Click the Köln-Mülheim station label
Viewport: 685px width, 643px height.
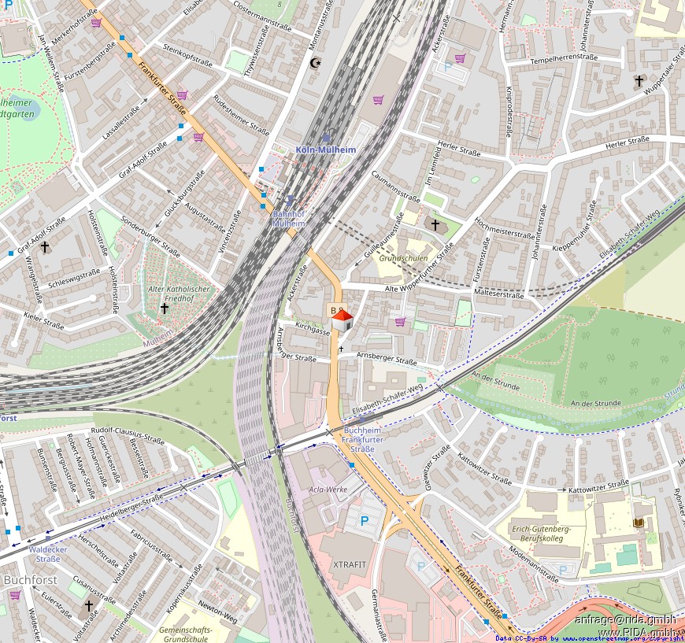(326, 150)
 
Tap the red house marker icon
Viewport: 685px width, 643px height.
(342, 320)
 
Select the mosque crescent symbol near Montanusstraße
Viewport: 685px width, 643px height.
(317, 63)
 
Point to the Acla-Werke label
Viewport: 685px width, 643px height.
(328, 490)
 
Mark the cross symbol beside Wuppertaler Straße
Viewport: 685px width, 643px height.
(639, 81)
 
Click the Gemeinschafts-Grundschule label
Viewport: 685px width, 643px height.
(183, 634)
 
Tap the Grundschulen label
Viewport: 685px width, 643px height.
(404, 258)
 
